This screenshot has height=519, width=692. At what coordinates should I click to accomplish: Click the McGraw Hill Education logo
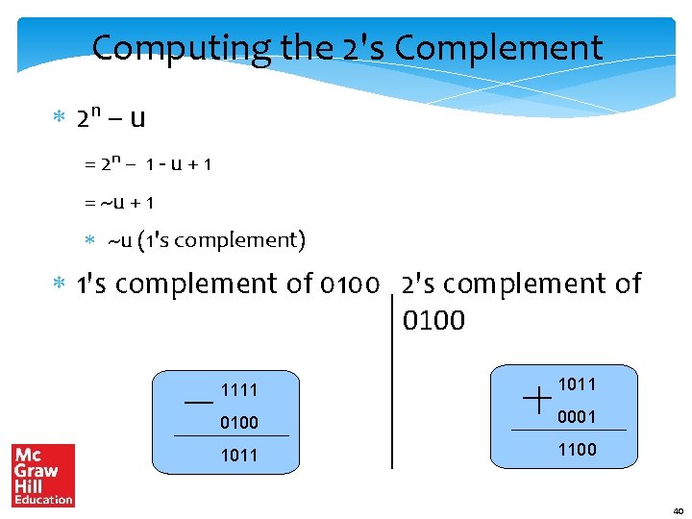pyautogui.click(x=43, y=475)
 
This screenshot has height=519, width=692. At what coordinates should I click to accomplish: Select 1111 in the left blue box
pyautogui.click(x=239, y=390)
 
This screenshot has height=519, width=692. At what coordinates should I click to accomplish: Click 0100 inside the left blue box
pyautogui.click(x=239, y=422)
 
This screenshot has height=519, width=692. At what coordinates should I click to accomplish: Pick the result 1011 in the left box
pyautogui.click(x=239, y=455)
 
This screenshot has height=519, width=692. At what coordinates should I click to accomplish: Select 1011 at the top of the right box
pyautogui.click(x=577, y=384)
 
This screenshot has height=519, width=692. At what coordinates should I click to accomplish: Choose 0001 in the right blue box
pyautogui.click(x=577, y=417)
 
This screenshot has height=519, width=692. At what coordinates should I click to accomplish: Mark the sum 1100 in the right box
pyautogui.click(x=577, y=449)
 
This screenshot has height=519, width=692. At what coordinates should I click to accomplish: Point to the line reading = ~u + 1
pyautogui.click(x=119, y=203)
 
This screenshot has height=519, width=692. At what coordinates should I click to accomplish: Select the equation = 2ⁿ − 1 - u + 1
pyautogui.click(x=148, y=164)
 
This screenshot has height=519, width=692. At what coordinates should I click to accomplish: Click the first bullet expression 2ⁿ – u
pyautogui.click(x=111, y=118)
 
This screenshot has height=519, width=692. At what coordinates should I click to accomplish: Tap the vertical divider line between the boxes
pyautogui.click(x=392, y=384)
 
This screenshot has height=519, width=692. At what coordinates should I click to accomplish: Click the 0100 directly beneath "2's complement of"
pyautogui.click(x=434, y=319)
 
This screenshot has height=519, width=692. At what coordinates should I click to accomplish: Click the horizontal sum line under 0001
pyautogui.click(x=569, y=430)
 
